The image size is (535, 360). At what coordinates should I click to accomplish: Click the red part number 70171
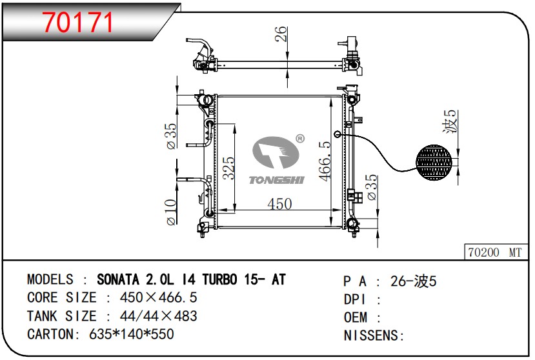point(78,23)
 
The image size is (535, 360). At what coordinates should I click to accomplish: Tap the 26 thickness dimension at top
point(281,34)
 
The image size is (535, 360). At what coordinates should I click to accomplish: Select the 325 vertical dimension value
point(228,168)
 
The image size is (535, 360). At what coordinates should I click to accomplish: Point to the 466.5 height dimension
point(325,161)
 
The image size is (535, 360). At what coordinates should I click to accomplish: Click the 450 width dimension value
point(279,204)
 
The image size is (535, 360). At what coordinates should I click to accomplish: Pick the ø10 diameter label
point(171,212)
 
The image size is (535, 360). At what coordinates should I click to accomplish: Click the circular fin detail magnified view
point(434,162)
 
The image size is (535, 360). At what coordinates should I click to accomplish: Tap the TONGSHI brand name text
point(276,180)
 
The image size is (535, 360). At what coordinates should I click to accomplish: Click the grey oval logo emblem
point(276,152)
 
